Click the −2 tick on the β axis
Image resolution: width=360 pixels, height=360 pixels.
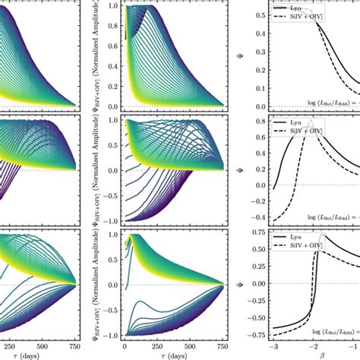pos(311,346)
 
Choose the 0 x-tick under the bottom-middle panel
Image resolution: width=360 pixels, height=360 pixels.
pos(124,346)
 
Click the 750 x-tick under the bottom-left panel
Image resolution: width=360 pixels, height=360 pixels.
pos(74,346)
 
